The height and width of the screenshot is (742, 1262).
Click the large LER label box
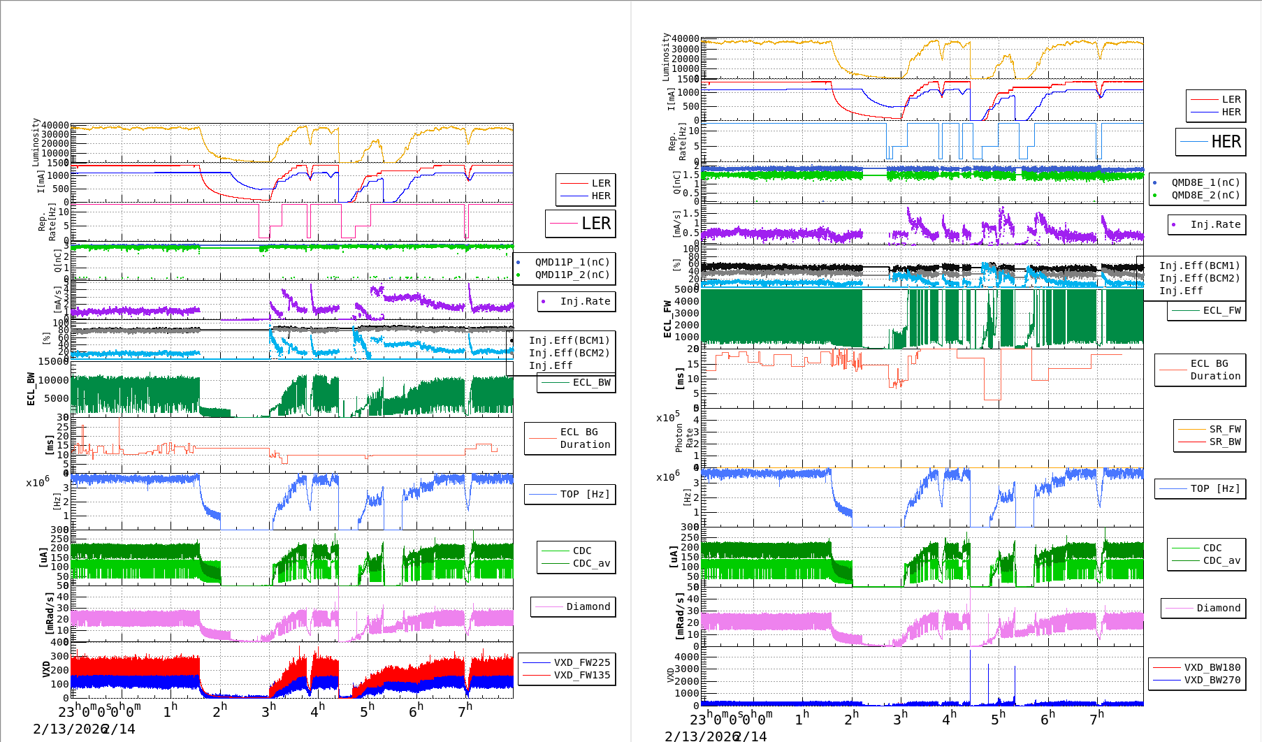pyautogui.click(x=580, y=224)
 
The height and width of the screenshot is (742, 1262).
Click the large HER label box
pyautogui.click(x=1210, y=142)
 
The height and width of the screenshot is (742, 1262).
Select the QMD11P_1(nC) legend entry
pyautogui.click(x=572, y=262)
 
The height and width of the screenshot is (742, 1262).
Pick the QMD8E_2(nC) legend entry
pyautogui.click(x=1205, y=195)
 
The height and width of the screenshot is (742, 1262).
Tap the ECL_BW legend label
pyautogui.click(x=590, y=382)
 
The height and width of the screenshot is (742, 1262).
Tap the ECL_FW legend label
pyautogui.click(x=1221, y=310)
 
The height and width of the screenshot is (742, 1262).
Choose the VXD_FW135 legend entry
pyautogui.click(x=581, y=675)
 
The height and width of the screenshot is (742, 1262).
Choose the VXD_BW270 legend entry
pyautogui.click(x=1212, y=680)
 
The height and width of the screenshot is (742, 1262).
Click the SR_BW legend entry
pyautogui.click(x=1224, y=442)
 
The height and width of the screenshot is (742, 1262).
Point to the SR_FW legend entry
pyautogui.click(x=1224, y=429)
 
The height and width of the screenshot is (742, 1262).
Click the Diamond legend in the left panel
pyautogui.click(x=587, y=606)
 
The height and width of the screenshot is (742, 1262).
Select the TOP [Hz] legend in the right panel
pyautogui.click(x=1215, y=488)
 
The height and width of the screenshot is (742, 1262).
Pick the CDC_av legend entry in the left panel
pyautogui.click(x=590, y=563)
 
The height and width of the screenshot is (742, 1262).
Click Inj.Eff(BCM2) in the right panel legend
pyautogui.click(x=1198, y=278)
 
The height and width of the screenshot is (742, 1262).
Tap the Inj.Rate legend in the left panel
pyautogui.click(x=584, y=301)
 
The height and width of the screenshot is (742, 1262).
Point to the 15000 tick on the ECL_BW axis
pyautogui.click(x=53, y=361)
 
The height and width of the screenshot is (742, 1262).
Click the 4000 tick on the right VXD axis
pyautogui.click(x=686, y=657)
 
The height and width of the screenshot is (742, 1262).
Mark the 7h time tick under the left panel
pyautogui.click(x=465, y=711)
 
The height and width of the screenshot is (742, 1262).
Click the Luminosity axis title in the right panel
pyautogui.click(x=667, y=57)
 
